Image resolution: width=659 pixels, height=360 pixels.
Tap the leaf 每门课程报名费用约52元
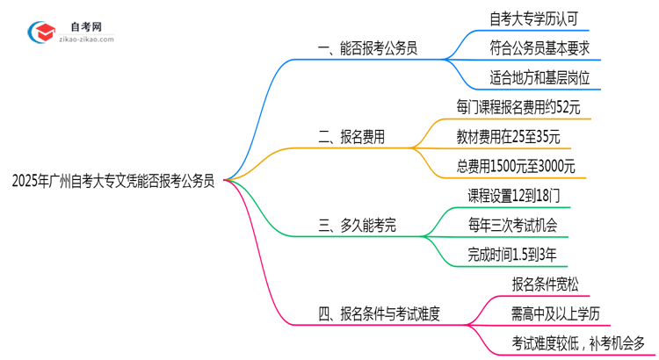(x=518, y=107)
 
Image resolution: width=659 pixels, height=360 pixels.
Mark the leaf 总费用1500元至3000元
(x=516, y=166)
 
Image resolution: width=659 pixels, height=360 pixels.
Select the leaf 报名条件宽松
(x=545, y=284)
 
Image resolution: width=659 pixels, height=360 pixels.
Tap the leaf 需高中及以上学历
(x=555, y=313)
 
